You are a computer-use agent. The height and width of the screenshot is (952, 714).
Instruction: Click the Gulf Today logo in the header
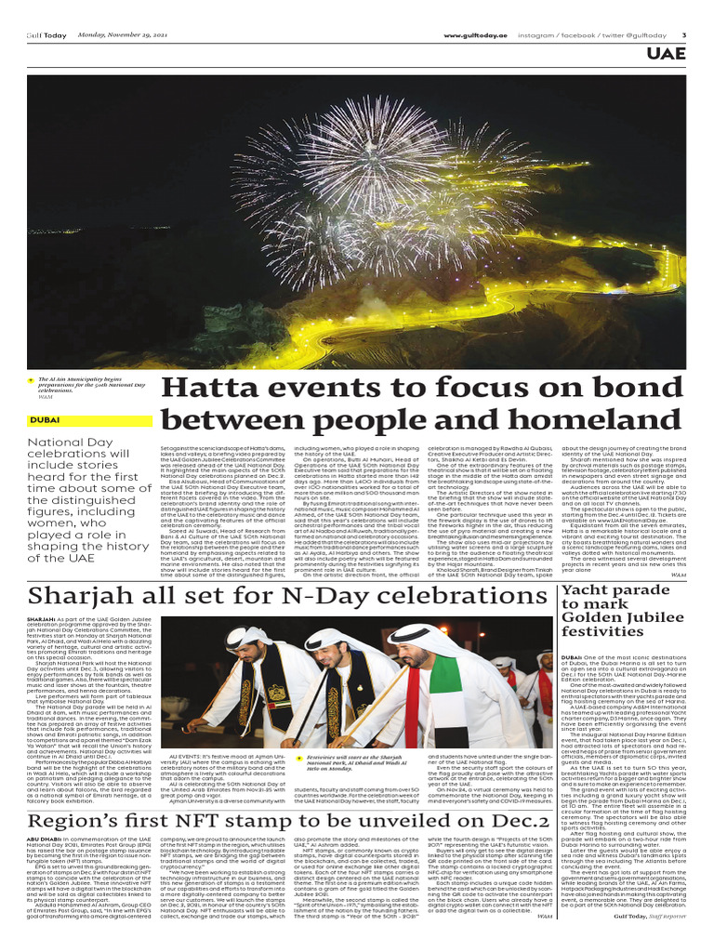[46, 34]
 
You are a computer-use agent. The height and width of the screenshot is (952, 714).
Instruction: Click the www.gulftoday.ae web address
[475, 34]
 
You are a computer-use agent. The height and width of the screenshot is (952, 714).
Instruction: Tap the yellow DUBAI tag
[45, 420]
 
